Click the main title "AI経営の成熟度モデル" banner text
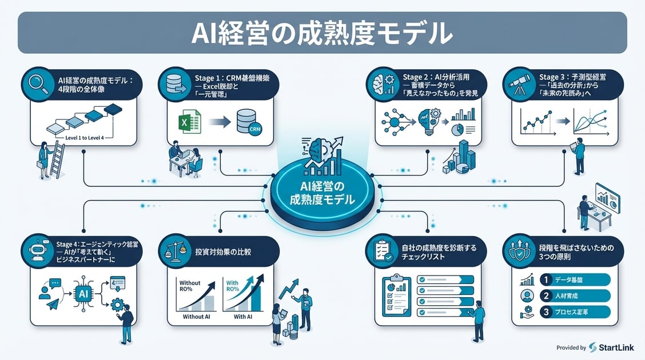tap(322, 33)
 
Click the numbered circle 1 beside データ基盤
tap(546, 279)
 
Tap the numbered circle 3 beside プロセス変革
tap(546, 313)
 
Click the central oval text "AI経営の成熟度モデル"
tap(322, 193)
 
